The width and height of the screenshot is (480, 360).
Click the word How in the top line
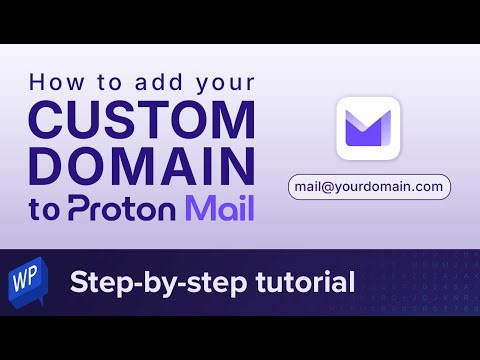(50, 83)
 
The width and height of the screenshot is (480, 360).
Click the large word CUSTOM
(141, 120)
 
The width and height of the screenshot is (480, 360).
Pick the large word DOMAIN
(141, 166)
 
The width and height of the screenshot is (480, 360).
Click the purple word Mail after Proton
(217, 208)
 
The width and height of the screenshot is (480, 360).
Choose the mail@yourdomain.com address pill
(367, 186)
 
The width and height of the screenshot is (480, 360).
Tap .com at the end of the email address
(426, 186)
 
